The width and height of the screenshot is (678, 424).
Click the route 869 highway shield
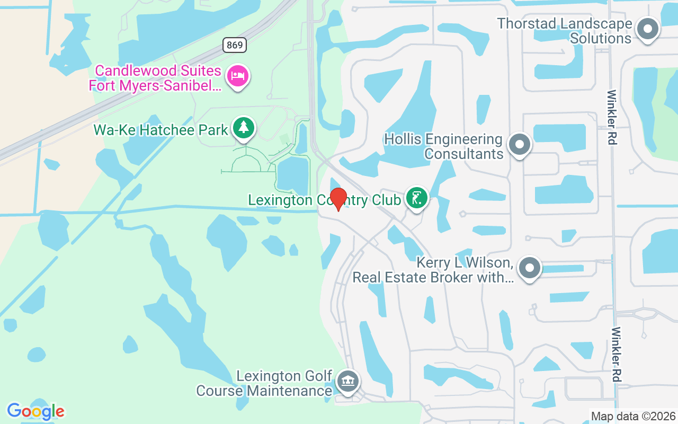[x=235, y=45]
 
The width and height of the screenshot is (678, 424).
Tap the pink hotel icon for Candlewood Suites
[x=238, y=76]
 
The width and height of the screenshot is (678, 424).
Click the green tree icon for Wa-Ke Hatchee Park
[x=243, y=128]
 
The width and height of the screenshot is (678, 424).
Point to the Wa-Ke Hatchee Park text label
[x=161, y=129]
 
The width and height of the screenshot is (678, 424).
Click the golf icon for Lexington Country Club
[x=417, y=198]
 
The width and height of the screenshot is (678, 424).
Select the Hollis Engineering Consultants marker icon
[x=519, y=144]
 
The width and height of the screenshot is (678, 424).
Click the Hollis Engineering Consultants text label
[x=443, y=146]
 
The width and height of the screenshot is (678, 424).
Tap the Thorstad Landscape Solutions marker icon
[x=647, y=29]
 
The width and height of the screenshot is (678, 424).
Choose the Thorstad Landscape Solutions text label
[x=565, y=31]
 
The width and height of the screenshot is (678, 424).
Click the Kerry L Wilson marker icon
[x=529, y=268]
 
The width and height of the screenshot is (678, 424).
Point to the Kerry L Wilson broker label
[x=432, y=270]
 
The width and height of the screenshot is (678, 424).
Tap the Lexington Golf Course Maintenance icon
[x=348, y=381]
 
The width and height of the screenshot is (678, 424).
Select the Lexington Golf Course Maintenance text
[x=264, y=383]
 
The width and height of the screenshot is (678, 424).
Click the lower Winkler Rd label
[x=616, y=354]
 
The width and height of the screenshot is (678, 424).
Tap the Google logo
[x=35, y=411]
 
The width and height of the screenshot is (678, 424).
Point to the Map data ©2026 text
[x=633, y=416]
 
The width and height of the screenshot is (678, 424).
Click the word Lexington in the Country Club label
[x=280, y=200]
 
